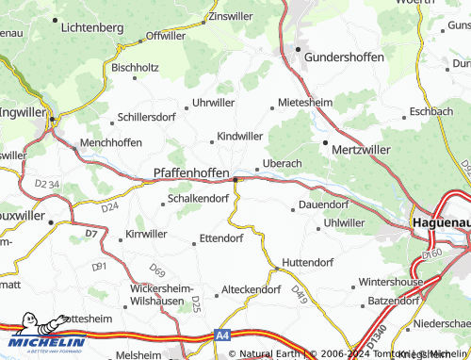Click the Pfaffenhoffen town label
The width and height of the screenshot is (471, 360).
click(191, 173)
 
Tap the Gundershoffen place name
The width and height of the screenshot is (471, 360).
click(346, 57)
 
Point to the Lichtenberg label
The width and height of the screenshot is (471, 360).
click(90, 28)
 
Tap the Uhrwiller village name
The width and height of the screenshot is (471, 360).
click(212, 102)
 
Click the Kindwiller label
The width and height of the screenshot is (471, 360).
click(240, 137)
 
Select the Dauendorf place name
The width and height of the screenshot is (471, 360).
click(324, 204)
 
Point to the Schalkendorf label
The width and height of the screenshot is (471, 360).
click(198, 199)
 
